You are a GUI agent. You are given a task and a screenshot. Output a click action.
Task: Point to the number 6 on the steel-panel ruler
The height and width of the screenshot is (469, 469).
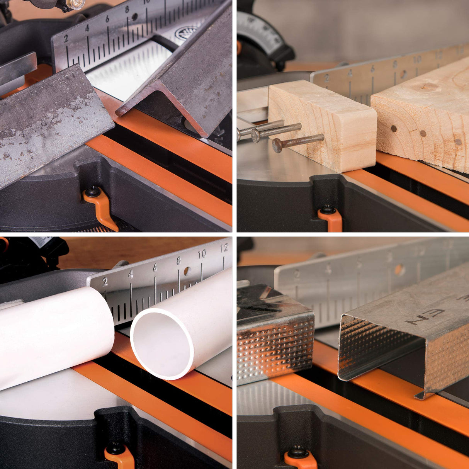(107, 19)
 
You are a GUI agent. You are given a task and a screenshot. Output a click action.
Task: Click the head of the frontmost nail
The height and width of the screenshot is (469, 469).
(277, 145)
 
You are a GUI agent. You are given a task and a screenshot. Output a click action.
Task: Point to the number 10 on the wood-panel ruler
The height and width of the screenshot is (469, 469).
(417, 59)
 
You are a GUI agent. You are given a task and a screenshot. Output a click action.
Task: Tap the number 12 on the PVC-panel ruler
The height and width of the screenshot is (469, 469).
(224, 248)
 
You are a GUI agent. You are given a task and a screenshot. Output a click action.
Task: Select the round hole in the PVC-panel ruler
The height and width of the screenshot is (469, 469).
(187, 271)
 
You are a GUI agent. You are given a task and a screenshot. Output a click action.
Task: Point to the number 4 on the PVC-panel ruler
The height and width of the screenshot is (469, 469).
(130, 274)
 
